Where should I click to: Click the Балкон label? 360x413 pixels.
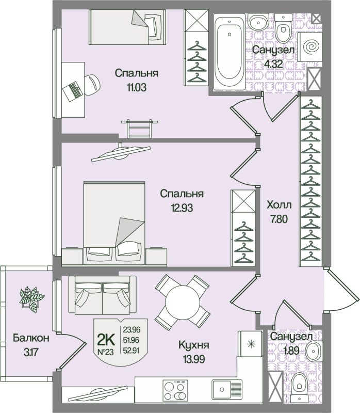[x=31, y=339]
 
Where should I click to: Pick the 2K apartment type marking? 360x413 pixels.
[x=106, y=339]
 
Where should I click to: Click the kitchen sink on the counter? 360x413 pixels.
[x=226, y=388]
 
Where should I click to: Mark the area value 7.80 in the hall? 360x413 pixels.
[x=279, y=218]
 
